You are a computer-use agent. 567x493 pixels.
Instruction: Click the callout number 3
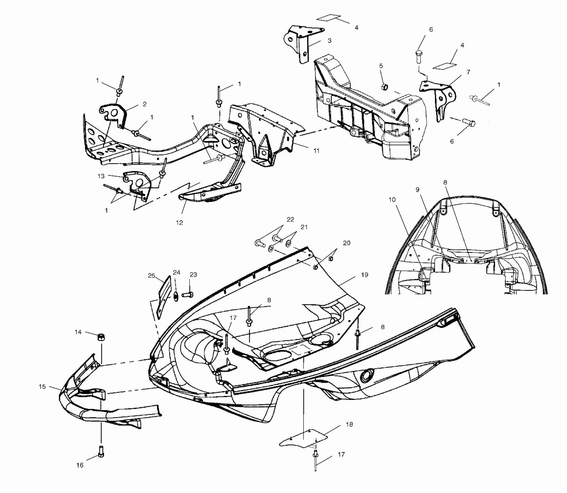pyautogui.click(x=329, y=41)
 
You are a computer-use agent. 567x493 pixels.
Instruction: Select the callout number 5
pyautogui.click(x=381, y=66)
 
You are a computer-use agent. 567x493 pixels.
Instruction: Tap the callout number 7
pyautogui.click(x=468, y=72)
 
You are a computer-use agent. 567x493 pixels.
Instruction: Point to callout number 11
pyautogui.click(x=316, y=151)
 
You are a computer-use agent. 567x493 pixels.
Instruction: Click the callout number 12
pyautogui.click(x=179, y=223)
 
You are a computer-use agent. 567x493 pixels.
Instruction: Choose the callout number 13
pyautogui.click(x=101, y=176)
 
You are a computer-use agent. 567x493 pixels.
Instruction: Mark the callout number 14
pyautogui.click(x=78, y=332)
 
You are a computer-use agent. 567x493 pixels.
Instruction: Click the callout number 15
pyautogui.click(x=42, y=387)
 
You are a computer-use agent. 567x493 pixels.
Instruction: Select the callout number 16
pyautogui.click(x=80, y=465)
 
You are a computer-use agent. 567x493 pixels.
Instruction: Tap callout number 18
pyautogui.click(x=349, y=424)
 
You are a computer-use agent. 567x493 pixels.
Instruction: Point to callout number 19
pyautogui.click(x=364, y=275)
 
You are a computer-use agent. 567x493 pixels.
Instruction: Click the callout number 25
pyautogui.click(x=151, y=276)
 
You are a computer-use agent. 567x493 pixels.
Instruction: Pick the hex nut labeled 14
pyautogui.click(x=100, y=337)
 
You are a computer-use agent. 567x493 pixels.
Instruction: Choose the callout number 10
pyautogui.click(x=392, y=200)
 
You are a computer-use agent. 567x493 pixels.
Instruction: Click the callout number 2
pyautogui.click(x=145, y=104)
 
